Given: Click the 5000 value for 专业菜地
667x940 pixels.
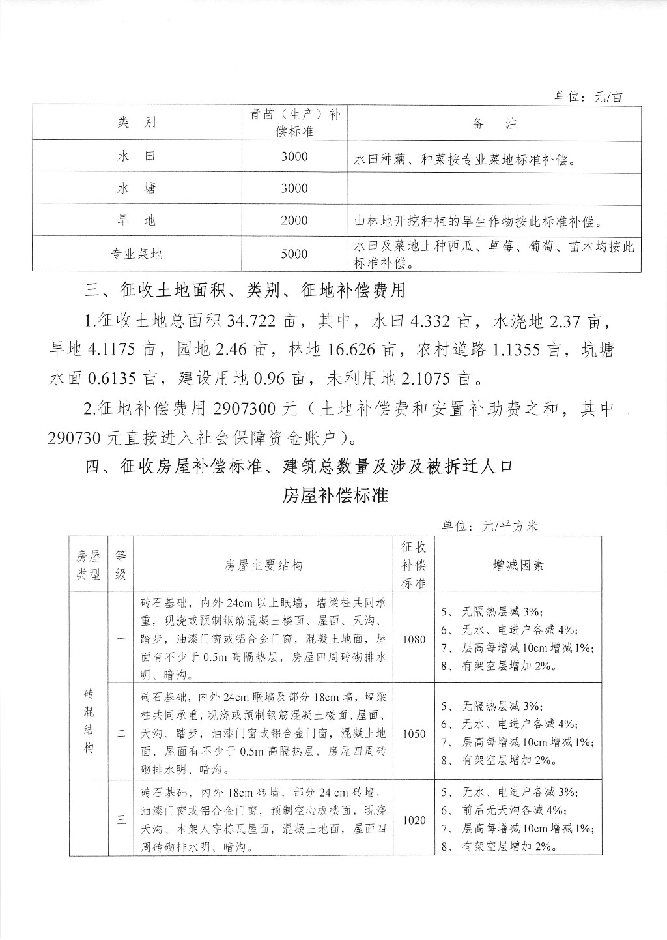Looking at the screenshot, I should (x=294, y=254).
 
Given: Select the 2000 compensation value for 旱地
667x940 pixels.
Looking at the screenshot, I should (x=294, y=220).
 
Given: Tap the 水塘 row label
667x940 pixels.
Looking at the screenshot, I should (x=137, y=188).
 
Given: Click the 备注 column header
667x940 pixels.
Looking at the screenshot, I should (x=494, y=123).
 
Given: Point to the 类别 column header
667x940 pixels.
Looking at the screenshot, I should (x=137, y=123).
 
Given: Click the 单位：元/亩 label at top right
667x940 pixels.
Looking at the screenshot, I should (x=588, y=97).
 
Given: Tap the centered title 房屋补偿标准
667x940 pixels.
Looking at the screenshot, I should (x=335, y=495).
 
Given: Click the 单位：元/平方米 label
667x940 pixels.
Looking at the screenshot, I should (x=489, y=526).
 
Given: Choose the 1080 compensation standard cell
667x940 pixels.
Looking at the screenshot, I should (x=414, y=639).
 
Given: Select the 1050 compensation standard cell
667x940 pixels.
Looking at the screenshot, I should (x=414, y=733).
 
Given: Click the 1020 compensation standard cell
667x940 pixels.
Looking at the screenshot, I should (x=414, y=820).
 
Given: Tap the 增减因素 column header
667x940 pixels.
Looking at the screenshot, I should (x=518, y=565).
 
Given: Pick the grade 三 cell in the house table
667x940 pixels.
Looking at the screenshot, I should (x=121, y=820).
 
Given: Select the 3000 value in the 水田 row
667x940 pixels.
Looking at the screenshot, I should (x=294, y=156).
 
